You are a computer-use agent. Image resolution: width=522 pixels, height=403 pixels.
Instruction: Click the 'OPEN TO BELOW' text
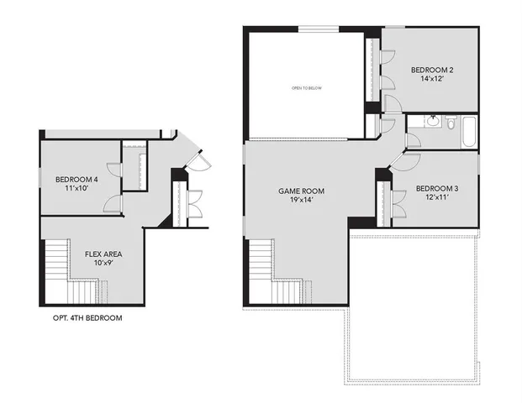306,87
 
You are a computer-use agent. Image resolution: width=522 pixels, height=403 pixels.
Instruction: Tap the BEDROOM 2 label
432,71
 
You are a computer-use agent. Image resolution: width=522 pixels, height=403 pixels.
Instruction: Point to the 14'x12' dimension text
432,81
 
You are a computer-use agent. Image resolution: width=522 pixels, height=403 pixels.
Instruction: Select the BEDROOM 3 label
436,189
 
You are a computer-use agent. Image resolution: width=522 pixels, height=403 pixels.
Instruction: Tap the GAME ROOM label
301,191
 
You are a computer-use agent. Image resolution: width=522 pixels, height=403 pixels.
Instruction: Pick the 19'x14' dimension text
301,202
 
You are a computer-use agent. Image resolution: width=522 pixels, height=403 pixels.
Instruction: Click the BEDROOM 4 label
76,179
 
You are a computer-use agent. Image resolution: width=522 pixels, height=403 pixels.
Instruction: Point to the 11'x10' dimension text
76,189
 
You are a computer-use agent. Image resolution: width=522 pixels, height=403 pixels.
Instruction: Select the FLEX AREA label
104,253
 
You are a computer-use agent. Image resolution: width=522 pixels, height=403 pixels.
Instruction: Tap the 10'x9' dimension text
104,263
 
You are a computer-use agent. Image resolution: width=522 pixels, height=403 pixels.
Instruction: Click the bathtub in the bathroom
467,127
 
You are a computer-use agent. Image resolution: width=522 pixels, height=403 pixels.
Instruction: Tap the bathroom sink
431,121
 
